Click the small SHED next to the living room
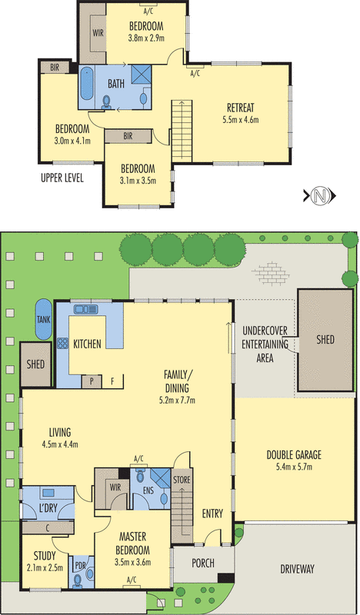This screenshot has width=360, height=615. coord(35,364)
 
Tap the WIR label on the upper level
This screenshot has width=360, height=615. coord(98,33)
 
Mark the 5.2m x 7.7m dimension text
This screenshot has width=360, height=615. coord(178,400)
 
